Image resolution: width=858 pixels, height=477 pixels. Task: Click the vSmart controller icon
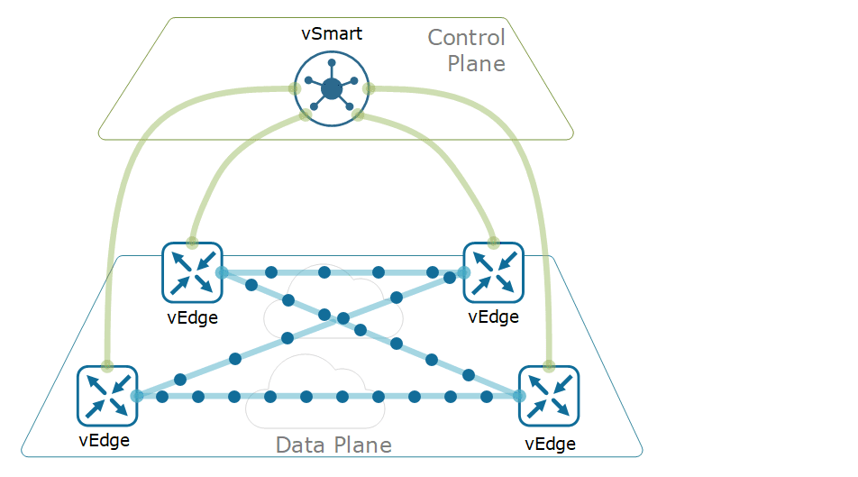(x=331, y=87)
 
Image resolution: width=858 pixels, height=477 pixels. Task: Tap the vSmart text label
(x=332, y=34)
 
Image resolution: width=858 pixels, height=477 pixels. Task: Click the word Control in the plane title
(x=466, y=38)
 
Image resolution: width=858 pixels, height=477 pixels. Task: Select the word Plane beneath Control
(x=476, y=64)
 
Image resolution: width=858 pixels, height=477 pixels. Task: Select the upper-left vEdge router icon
(x=192, y=271)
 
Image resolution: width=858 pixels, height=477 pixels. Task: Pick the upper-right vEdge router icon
(x=493, y=271)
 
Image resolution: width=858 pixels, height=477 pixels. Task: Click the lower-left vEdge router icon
(x=107, y=395)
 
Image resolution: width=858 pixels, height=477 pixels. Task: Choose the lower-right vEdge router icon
(x=549, y=395)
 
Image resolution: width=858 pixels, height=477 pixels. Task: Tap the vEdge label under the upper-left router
(x=192, y=316)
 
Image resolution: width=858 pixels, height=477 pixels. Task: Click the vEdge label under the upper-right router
(x=494, y=316)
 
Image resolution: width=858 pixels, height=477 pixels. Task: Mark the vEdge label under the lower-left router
(x=105, y=440)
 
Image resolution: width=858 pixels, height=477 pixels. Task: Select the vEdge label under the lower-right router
(x=550, y=444)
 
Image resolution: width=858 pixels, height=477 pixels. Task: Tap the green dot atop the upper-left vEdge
(x=192, y=243)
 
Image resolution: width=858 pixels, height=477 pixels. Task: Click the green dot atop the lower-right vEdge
(x=549, y=366)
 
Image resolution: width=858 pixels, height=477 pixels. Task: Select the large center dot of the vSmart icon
(x=331, y=88)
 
